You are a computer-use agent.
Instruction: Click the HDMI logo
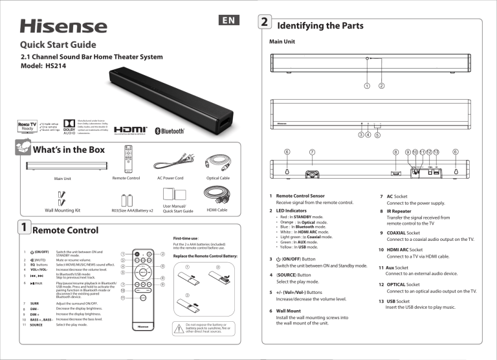coord(129,130)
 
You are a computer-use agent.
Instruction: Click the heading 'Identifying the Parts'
coord(320,26)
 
